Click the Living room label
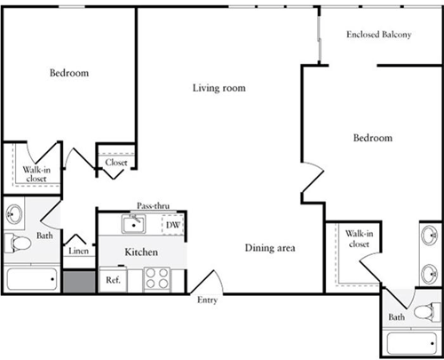219,88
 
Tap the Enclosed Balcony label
379,35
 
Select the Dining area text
270,248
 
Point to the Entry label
207,300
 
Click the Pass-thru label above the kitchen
153,206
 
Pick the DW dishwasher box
173,225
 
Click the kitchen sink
134,224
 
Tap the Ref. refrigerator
113,279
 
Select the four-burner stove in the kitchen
157,279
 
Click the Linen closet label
78,251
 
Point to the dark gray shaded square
79,281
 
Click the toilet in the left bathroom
18,243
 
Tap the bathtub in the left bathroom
32,279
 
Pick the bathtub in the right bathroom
412,343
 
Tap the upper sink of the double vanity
430,236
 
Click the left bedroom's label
69,73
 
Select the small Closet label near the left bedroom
116,163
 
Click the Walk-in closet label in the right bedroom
359,239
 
